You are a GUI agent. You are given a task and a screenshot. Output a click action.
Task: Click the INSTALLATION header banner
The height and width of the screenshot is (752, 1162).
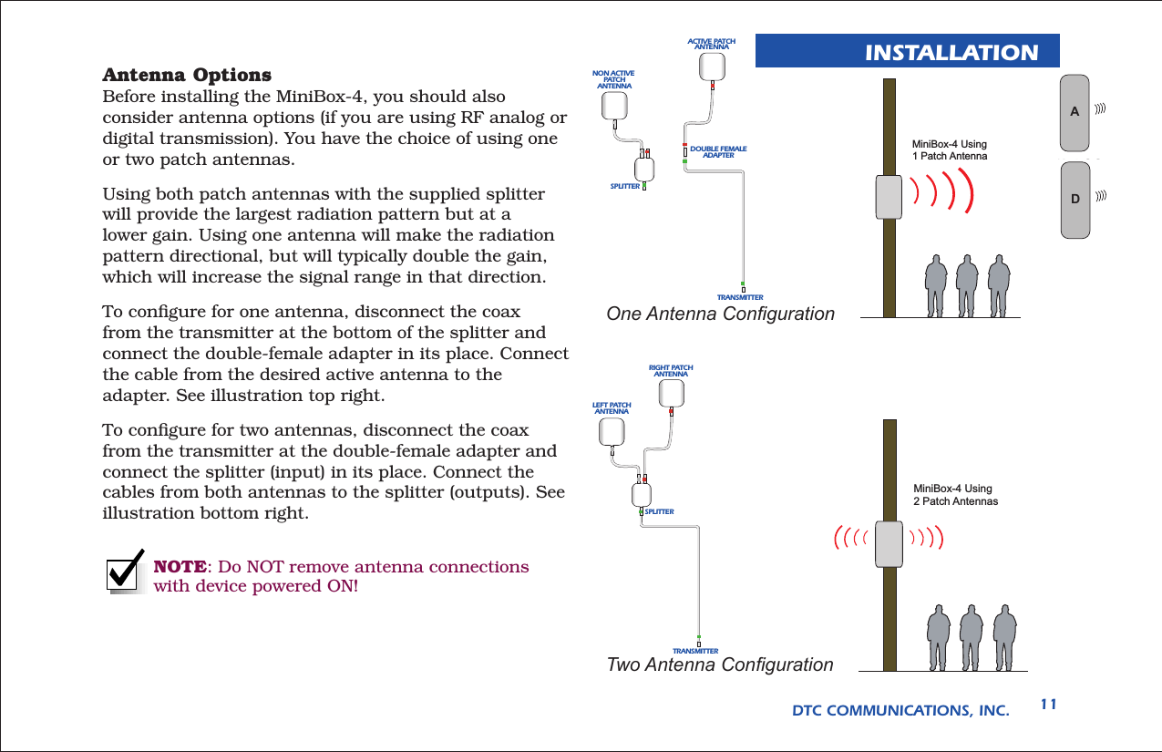[908, 51]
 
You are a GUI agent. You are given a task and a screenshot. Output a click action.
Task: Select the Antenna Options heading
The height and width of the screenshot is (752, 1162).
[187, 74]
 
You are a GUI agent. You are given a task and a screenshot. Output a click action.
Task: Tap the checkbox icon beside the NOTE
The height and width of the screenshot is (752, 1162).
[128, 572]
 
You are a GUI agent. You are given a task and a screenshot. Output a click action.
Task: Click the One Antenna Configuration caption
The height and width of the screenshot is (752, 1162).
[720, 314]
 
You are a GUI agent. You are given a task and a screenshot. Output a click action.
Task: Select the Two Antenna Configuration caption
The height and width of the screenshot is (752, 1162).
[719, 665]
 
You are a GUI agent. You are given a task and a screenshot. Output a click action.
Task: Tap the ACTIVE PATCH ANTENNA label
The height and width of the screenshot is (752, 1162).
[711, 44]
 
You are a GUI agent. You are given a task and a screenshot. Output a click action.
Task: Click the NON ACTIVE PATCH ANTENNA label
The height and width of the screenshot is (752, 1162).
[613, 79]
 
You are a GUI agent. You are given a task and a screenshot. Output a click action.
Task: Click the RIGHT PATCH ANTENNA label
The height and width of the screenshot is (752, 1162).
[671, 371]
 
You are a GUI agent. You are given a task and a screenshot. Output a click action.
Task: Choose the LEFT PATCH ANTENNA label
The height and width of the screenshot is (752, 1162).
[612, 407]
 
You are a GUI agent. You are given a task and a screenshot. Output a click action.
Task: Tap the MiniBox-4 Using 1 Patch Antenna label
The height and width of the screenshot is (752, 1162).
[950, 150]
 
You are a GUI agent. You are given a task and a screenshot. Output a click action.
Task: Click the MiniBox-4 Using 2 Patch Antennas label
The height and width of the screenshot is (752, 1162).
[955, 495]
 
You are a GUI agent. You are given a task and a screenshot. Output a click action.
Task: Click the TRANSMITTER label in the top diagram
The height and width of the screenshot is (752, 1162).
[739, 297]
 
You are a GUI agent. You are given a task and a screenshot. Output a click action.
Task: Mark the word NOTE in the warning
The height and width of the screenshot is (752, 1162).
[178, 567]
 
